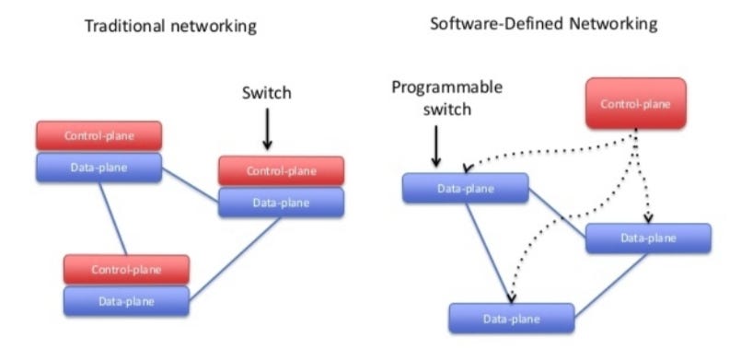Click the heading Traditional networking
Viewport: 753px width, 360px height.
pos(170,27)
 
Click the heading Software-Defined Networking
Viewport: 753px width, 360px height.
pos(544,23)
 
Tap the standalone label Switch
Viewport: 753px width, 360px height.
pos(266,93)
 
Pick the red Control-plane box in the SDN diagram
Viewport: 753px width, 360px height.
pos(636,104)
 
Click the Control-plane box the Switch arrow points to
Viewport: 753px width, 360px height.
pos(281,170)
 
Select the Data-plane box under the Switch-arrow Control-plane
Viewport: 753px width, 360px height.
pos(281,202)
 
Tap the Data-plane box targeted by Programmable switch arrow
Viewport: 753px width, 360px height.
pos(465,188)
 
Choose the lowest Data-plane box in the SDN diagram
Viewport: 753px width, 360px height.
pos(511,318)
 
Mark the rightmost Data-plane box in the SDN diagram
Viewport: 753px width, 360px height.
pos(648,238)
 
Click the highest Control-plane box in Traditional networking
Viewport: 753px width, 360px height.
pos(98,136)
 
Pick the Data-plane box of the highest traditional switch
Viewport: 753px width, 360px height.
pos(98,167)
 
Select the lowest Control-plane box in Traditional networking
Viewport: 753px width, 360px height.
pos(126,270)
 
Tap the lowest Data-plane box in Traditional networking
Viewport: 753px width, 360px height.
pos(126,301)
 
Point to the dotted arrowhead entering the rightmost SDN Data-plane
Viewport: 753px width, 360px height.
pos(649,219)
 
